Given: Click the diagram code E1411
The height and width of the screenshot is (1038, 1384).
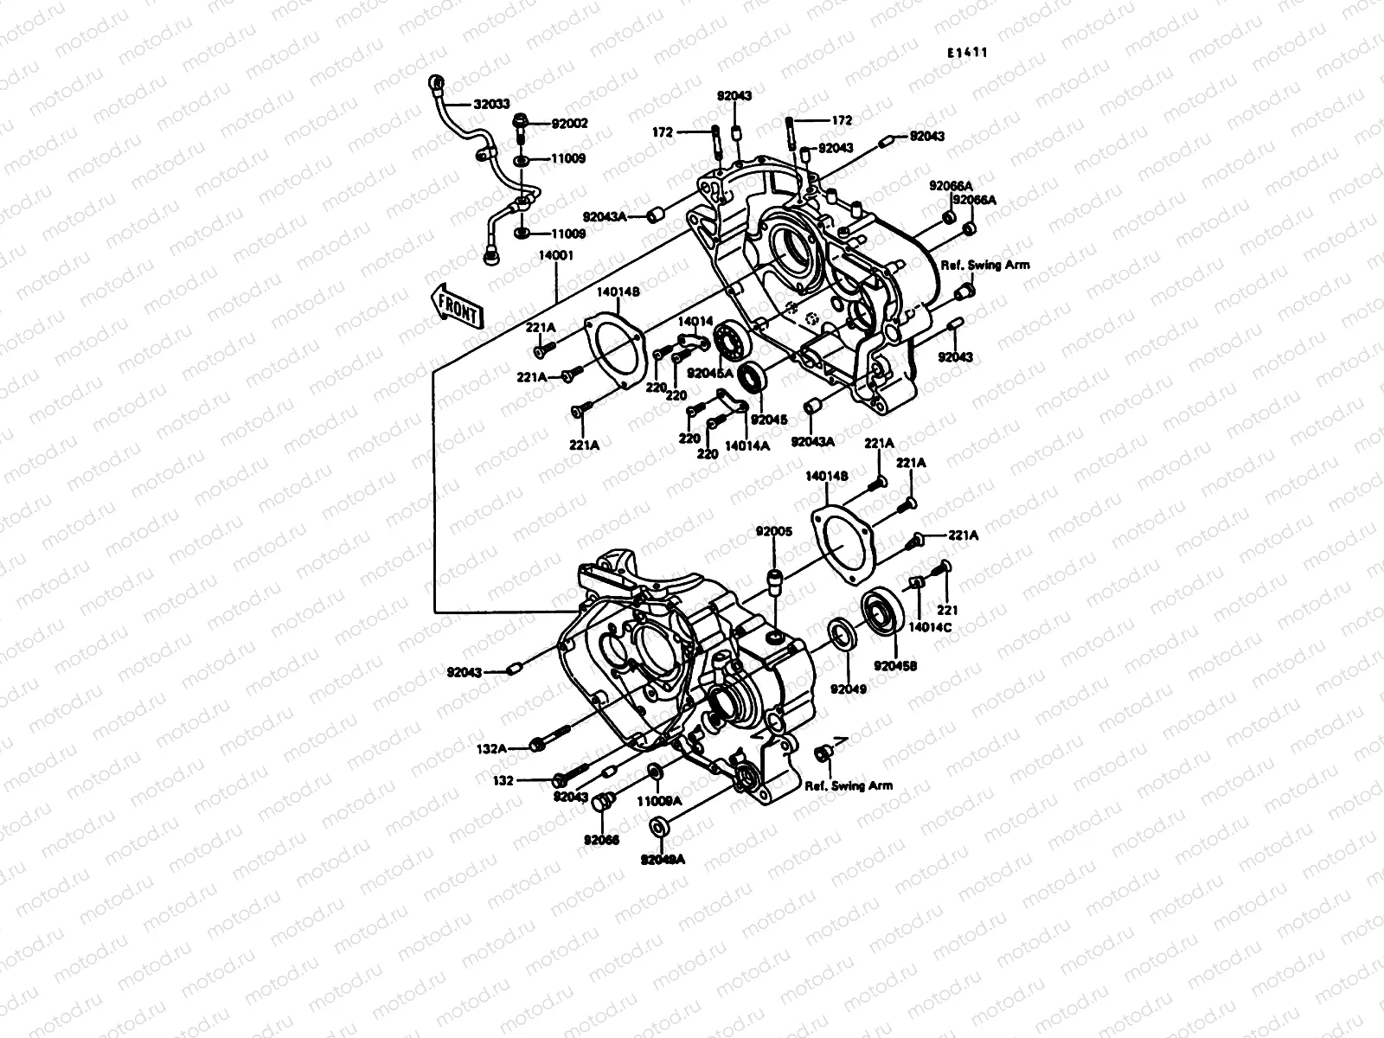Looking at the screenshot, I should (x=966, y=53).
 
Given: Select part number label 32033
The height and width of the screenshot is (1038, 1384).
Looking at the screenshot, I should (x=490, y=105).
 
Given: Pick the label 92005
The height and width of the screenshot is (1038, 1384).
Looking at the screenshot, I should (x=773, y=531).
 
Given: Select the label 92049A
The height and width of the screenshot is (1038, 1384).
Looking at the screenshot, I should (x=663, y=859).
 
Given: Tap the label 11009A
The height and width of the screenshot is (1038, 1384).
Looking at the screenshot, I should (x=660, y=801).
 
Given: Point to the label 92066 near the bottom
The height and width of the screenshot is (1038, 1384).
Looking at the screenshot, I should (x=601, y=839).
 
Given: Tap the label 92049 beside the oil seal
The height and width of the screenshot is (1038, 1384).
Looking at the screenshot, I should (x=849, y=689).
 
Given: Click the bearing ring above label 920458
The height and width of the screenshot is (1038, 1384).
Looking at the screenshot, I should (x=884, y=612).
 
